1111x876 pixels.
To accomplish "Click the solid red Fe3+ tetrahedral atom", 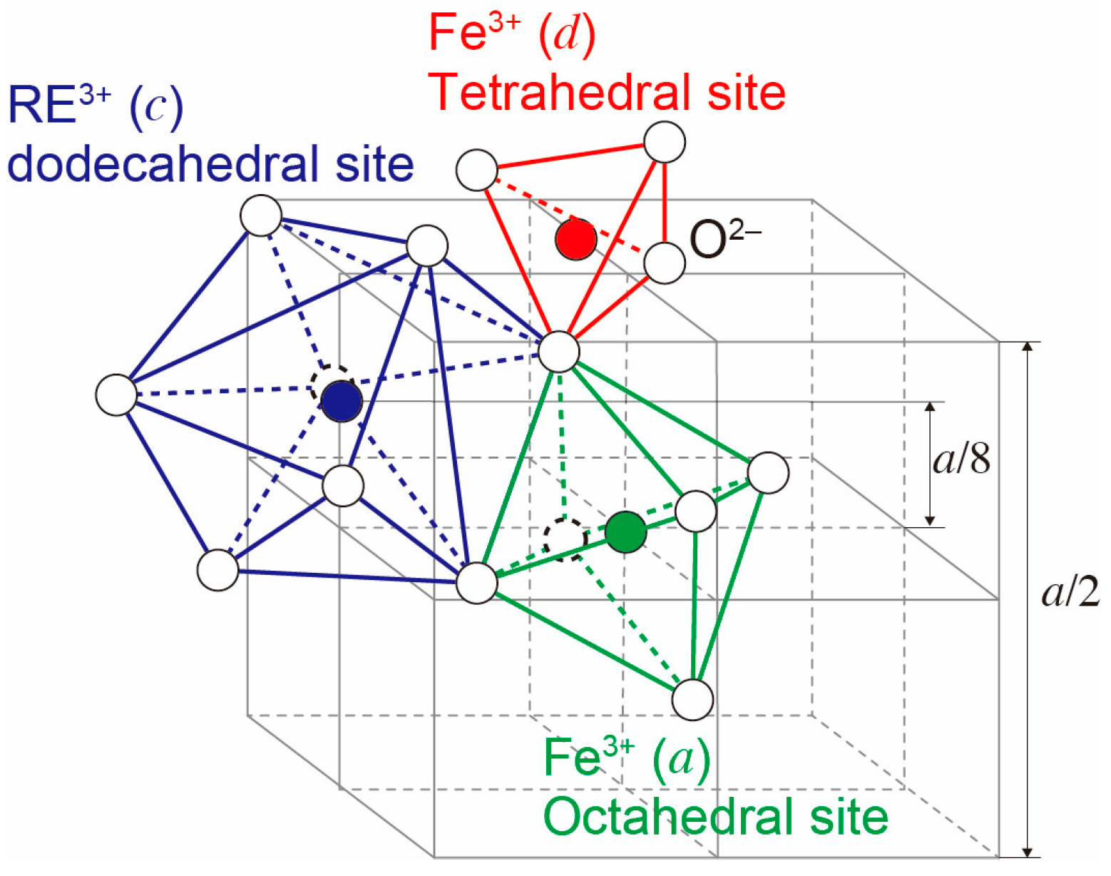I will [x=576, y=240].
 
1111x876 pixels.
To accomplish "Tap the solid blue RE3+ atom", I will [x=342, y=401].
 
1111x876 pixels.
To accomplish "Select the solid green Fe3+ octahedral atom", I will [x=625, y=531].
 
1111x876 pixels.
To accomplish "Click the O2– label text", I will [x=725, y=238].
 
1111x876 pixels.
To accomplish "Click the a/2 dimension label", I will [x=1070, y=591].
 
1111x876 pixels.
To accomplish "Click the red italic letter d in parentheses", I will [x=567, y=34].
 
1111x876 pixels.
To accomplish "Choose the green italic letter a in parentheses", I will [x=681, y=758].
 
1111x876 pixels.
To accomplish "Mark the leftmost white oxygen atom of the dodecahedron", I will [x=116, y=394].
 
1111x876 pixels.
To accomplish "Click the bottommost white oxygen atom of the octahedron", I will [x=692, y=699].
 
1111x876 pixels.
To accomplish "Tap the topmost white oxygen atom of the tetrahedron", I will [x=665, y=142].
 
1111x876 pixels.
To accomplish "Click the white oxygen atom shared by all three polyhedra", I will [x=559, y=352].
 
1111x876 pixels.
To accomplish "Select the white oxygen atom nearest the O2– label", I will [x=665, y=263].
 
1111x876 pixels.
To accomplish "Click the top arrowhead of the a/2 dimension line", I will [x=1027, y=347].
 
